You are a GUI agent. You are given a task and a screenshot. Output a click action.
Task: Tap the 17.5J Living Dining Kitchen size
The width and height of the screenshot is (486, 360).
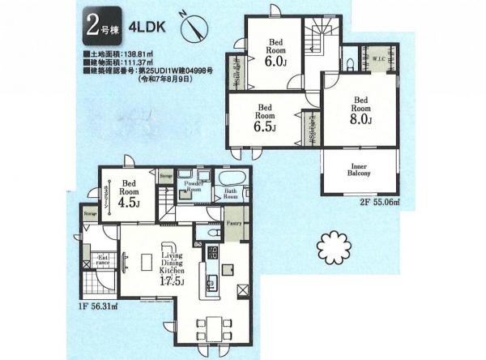point(168,282)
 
